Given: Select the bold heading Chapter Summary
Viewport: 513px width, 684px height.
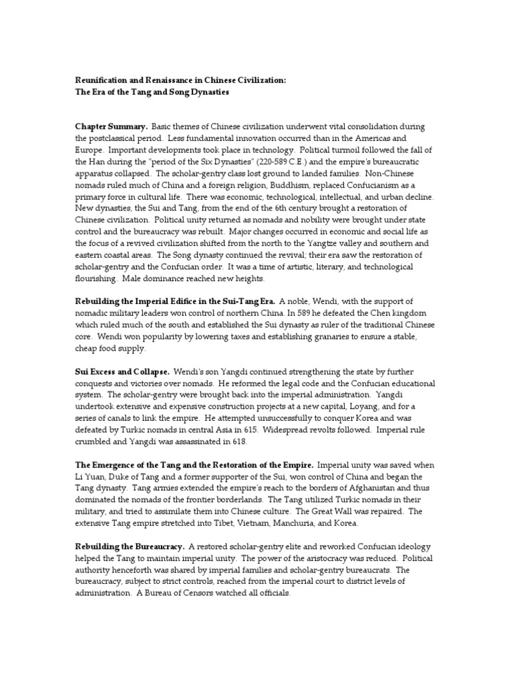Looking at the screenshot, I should tap(110, 126).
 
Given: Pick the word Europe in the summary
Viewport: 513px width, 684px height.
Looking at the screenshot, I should tap(90, 150).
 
